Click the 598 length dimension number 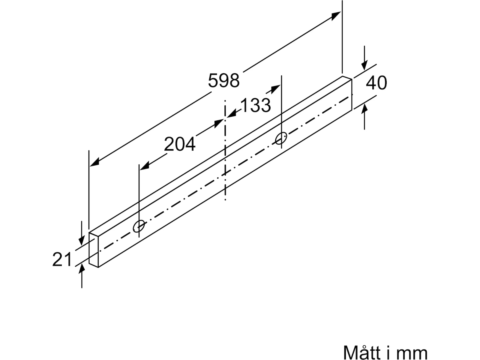coord(224,81)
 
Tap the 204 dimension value coord(180,144)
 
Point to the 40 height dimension coord(376,83)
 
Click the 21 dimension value coord(62,259)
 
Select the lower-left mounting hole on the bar coord(139,226)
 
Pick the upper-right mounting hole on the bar coord(281,138)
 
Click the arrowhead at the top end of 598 coord(336,16)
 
